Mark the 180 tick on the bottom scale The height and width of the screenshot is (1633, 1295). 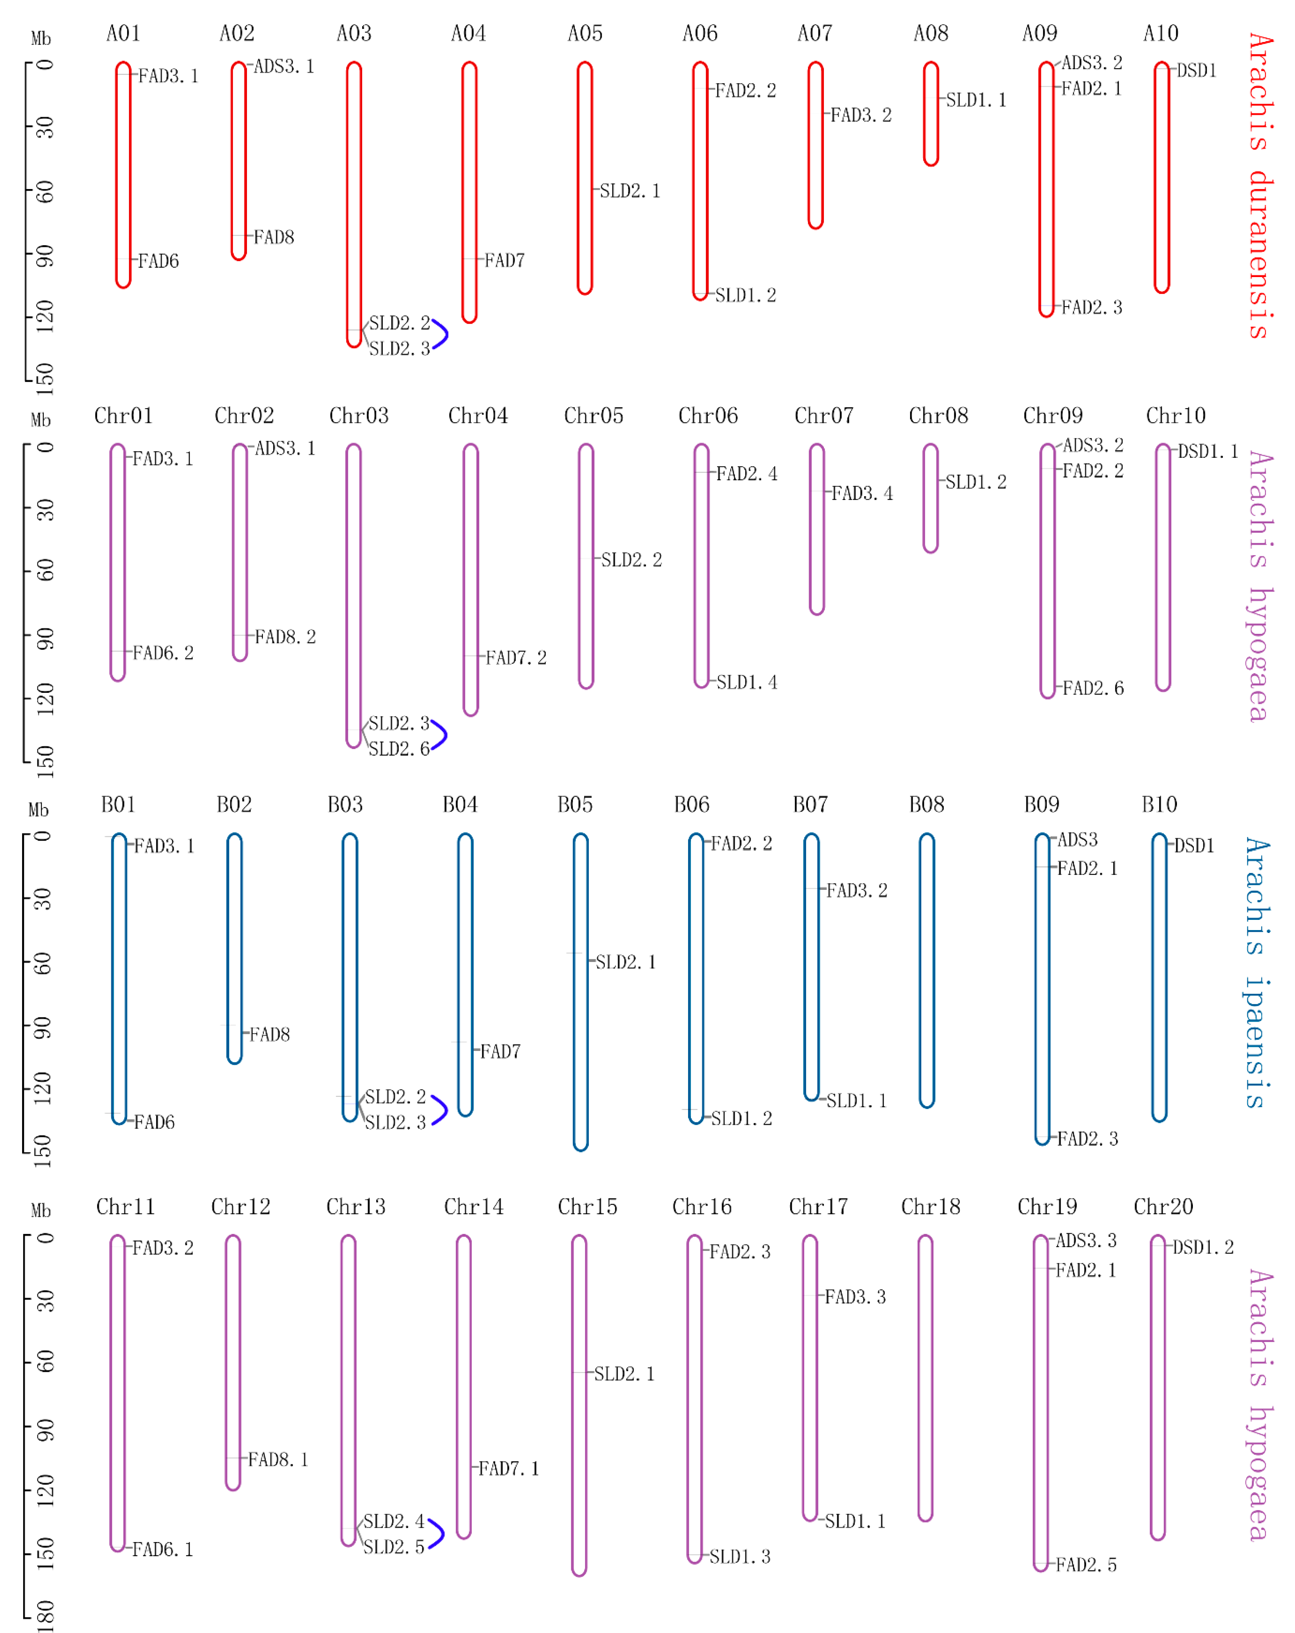point(44,1616)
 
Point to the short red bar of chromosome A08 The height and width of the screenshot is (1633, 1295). point(931,114)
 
